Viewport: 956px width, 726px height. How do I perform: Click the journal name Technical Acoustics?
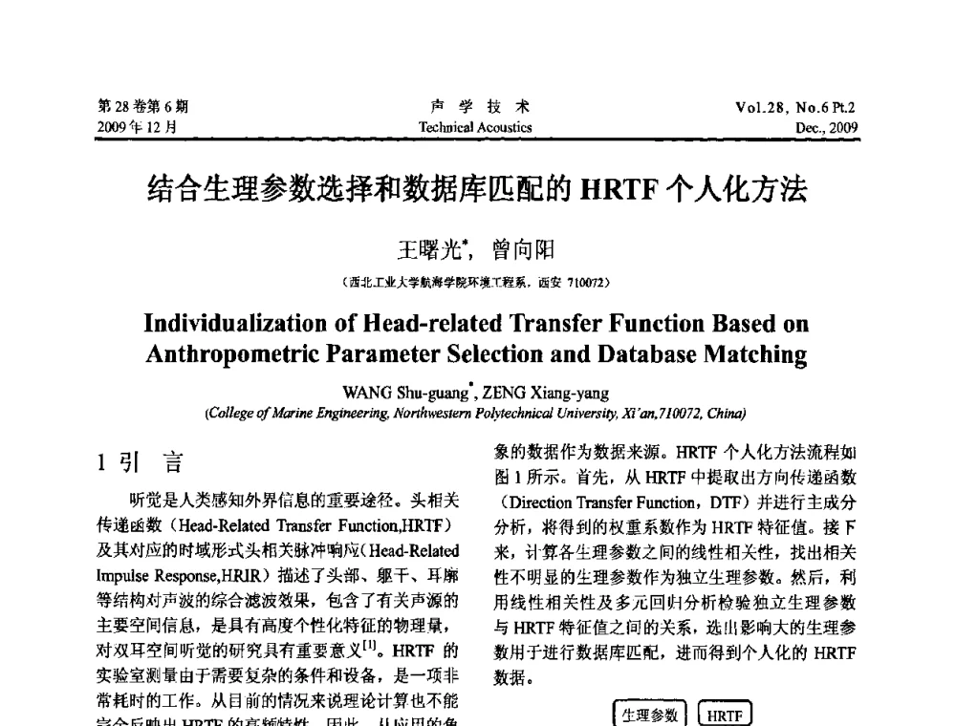pyautogui.click(x=475, y=127)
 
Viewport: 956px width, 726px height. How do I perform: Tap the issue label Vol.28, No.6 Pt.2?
pyautogui.click(x=795, y=108)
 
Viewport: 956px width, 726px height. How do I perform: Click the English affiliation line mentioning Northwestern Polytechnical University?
pyautogui.click(x=476, y=413)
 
